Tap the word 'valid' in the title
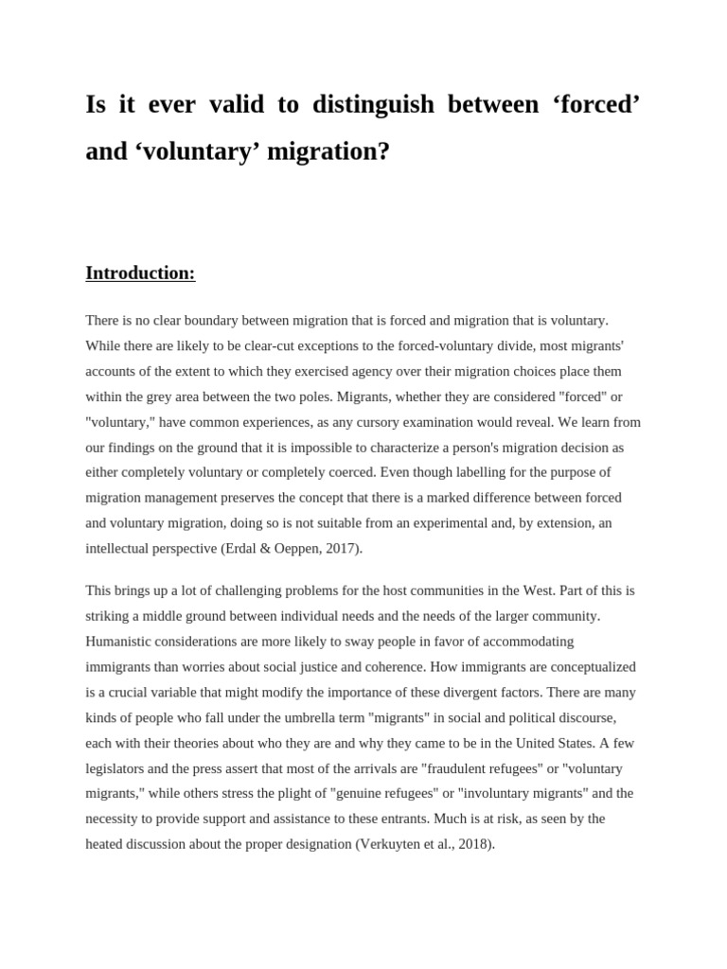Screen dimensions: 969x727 (235, 105)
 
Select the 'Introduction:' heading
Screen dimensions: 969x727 (140, 273)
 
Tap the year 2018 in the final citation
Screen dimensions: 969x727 (471, 843)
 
